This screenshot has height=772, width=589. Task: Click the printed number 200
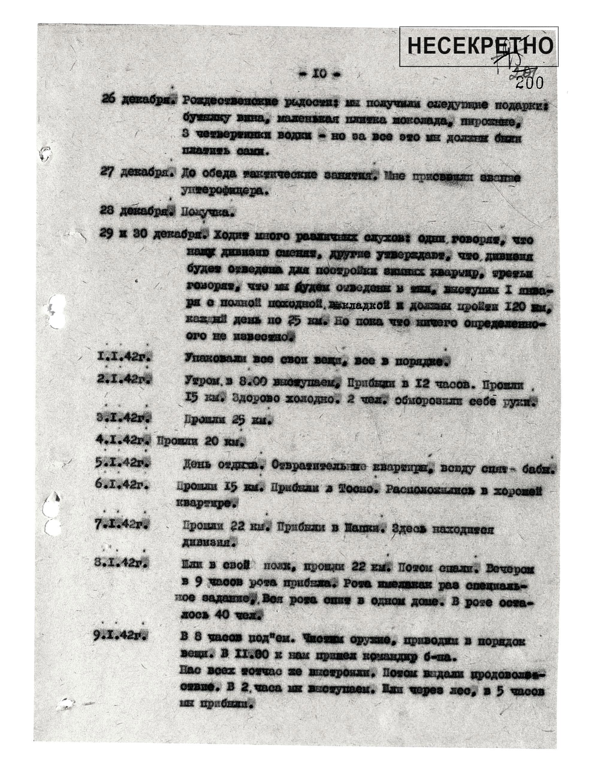[x=530, y=83]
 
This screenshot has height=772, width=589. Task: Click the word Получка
[x=207, y=212]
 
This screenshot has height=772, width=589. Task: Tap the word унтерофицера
[x=224, y=191]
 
